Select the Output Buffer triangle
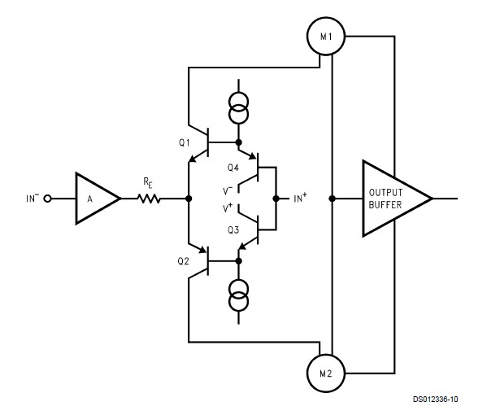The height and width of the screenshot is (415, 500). tap(391, 198)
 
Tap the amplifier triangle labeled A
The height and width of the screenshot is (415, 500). tap(95, 198)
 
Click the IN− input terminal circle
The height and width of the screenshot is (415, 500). tap(50, 198)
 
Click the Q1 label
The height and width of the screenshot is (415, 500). tap(185, 142)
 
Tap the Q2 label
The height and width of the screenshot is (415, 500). tap(185, 260)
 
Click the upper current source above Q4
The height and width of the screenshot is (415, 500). tap(239, 104)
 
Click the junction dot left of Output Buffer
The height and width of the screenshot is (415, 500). tap(332, 198)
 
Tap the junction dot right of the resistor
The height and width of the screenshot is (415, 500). tap(189, 198)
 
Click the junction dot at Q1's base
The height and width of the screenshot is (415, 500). tap(239, 142)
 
